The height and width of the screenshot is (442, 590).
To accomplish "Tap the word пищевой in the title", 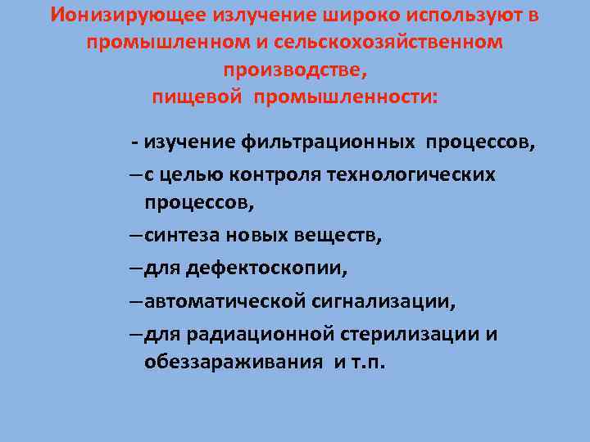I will [x=197, y=97].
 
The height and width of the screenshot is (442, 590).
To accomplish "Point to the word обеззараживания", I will [x=233, y=361].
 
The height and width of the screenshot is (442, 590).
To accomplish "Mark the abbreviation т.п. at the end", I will [x=366, y=361].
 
